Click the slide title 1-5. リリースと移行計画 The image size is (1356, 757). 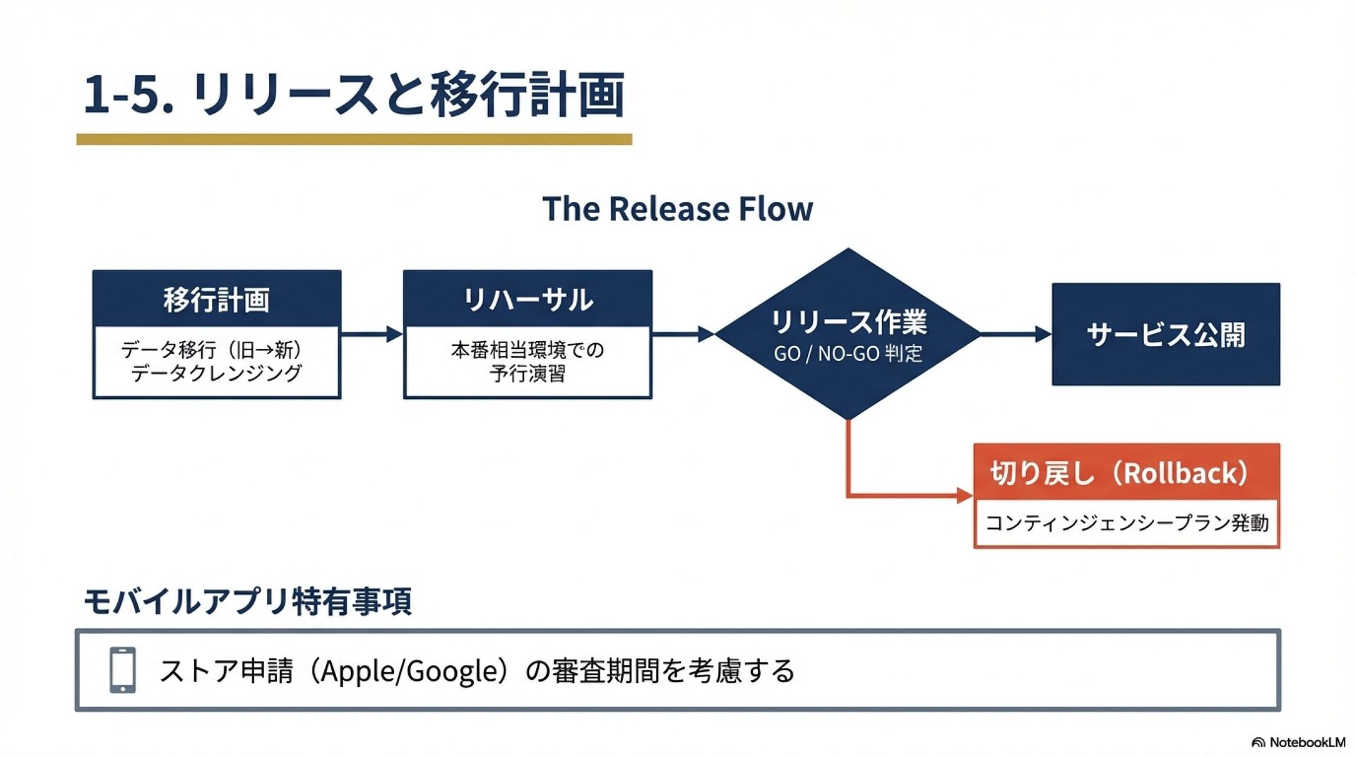pos(353,94)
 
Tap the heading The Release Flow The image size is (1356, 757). pos(677,209)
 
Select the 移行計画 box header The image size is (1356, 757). pos(217,299)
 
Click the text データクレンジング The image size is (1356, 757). pos(216,373)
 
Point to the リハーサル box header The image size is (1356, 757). pos(528,299)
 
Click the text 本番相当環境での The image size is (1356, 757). pos(528,350)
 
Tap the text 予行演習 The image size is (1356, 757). pos(528,374)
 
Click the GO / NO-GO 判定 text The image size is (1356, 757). pos(847,353)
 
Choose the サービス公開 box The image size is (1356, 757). pos(1165,334)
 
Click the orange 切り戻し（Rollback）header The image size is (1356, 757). pos(1126,472)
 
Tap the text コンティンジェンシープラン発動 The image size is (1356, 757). pos(1126,523)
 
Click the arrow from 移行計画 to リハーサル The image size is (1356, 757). pos(371,334)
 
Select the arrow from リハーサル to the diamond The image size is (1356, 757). pos(683,334)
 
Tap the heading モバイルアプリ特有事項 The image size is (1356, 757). pos(247,602)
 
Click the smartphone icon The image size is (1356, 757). pos(123,669)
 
